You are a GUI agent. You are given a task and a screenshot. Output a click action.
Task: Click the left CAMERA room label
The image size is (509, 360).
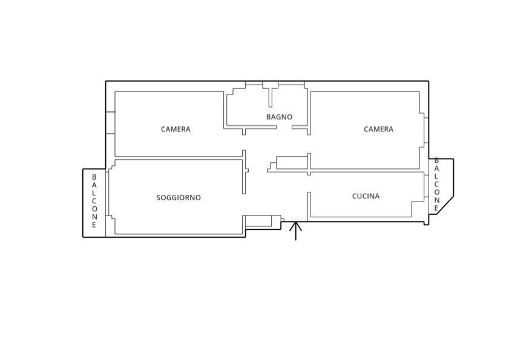(x=176, y=129)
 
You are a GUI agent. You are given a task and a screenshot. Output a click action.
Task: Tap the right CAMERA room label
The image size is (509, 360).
(x=378, y=129)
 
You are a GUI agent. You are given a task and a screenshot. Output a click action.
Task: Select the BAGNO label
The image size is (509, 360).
(x=279, y=117)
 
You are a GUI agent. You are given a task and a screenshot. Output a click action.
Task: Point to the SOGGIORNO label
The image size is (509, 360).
(x=179, y=197)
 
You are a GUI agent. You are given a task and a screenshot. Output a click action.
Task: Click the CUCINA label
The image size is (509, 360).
(x=366, y=196)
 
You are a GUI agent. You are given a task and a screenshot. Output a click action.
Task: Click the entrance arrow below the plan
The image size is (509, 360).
(x=296, y=231)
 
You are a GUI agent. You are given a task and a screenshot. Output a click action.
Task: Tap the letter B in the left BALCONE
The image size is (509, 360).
(x=94, y=177)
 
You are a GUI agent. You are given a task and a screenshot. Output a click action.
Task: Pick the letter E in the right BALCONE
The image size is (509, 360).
(x=436, y=208)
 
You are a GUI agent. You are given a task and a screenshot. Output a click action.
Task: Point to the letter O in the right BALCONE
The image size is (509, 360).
(x=436, y=192)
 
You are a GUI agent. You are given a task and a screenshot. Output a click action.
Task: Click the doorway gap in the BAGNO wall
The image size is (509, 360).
(x=284, y=127)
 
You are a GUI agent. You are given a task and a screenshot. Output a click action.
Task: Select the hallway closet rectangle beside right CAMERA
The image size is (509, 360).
(x=292, y=163)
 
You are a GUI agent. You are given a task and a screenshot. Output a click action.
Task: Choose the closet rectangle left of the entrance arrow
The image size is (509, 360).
(x=258, y=221)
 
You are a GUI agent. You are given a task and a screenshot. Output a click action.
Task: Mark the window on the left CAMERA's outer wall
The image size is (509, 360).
(x=110, y=122)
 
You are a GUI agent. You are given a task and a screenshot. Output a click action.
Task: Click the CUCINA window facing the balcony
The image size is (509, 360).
(x=426, y=186)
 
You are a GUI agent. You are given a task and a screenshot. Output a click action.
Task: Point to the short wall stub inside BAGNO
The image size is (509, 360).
(x=271, y=97)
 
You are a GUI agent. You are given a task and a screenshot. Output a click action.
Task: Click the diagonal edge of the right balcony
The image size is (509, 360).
(x=445, y=205)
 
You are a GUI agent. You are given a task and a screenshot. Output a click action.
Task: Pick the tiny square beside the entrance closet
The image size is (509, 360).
(x=283, y=220)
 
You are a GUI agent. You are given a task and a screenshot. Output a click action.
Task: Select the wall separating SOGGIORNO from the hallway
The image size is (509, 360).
(x=244, y=172)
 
